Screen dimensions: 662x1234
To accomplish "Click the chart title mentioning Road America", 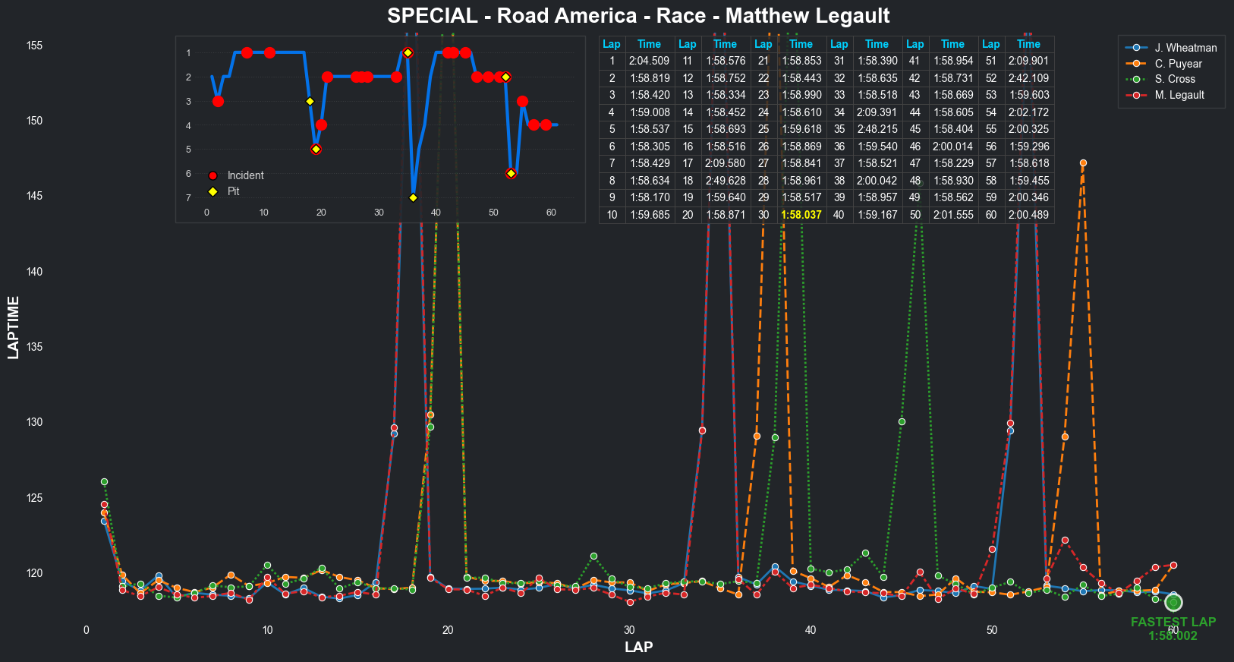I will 638,16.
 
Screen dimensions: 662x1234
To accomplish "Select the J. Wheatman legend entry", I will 1185,48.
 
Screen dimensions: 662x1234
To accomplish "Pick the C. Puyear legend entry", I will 1178,64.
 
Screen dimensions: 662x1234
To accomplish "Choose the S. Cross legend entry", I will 1175,79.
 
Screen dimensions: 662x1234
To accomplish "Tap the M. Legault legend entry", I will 1179,95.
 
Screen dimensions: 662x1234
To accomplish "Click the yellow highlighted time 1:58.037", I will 801,215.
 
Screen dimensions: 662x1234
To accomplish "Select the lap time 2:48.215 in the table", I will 877,129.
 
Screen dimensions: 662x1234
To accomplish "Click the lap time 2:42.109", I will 1028,78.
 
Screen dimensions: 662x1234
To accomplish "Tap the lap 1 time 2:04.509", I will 650,61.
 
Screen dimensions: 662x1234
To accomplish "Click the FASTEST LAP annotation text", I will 1173,623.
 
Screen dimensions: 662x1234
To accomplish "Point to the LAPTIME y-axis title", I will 13,327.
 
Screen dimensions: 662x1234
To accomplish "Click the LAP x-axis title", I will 638,647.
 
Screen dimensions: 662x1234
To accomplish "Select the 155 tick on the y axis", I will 34,46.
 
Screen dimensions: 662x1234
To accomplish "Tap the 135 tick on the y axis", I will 34,347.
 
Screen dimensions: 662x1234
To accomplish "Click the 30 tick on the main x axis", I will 629,630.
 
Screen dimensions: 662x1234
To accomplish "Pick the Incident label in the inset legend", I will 245,175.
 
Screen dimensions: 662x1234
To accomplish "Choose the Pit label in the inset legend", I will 233,191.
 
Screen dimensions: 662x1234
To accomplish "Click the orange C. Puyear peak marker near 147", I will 1083,163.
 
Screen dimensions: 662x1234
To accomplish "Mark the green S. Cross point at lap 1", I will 104,482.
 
